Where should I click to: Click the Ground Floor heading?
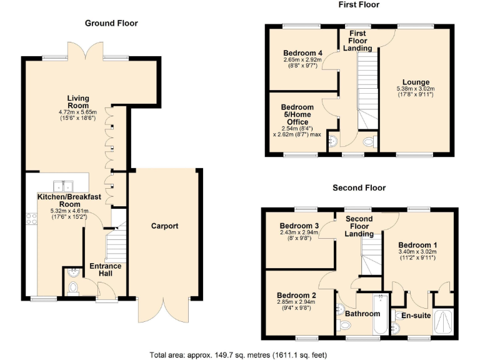coord(111,23)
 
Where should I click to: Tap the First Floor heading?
coord(359,5)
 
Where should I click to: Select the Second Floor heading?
coord(359,187)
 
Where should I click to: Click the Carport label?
coord(165,226)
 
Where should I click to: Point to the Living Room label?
coord(78,102)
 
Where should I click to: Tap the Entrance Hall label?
coord(105,270)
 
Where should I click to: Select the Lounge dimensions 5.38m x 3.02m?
coord(416,89)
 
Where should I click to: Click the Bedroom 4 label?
coord(302,53)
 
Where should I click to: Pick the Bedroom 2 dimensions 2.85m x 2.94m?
coord(297,302)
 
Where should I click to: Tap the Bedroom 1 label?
coord(417,245)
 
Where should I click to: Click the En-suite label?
coord(416,316)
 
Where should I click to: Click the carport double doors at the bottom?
coord(164,310)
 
